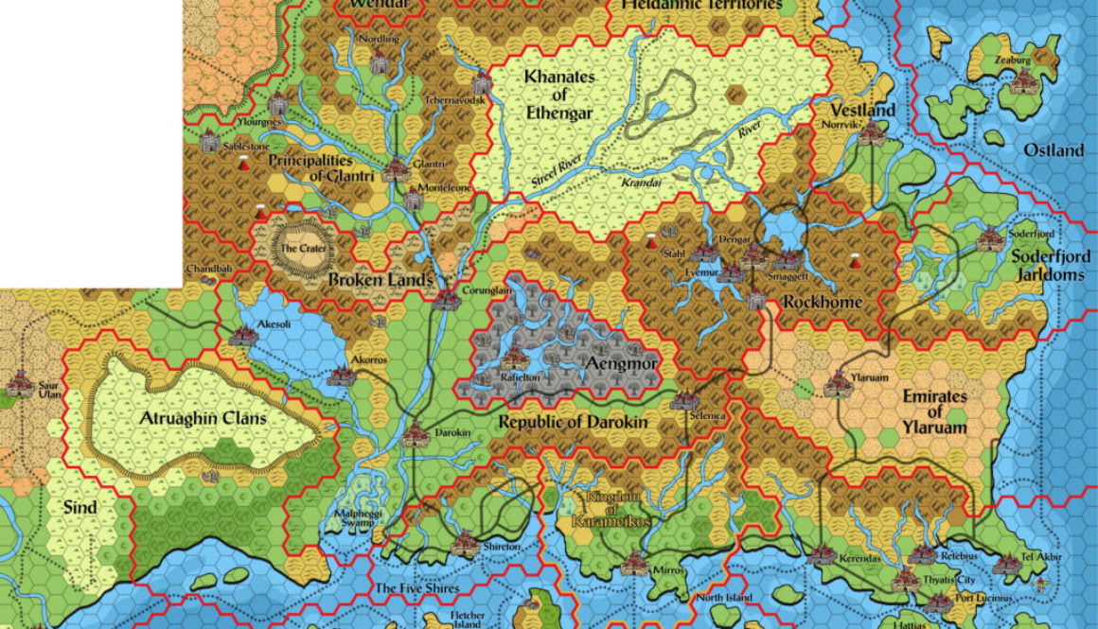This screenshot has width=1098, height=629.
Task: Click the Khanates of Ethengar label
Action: [559, 95]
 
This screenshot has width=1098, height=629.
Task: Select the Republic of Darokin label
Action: [573, 422]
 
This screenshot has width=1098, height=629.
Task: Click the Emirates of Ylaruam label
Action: [934, 412]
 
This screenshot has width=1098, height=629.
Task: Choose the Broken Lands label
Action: [380, 280]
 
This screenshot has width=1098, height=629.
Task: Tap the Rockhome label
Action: [822, 302]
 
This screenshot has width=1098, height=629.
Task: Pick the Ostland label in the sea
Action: [1054, 150]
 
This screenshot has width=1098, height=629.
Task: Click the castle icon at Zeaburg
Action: [1022, 83]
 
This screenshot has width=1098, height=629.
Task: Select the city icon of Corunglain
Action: [445, 300]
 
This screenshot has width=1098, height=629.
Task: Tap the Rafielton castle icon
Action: [514, 359]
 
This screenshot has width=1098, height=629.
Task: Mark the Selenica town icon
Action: [684, 400]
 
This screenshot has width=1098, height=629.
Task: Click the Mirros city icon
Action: [635, 564]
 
